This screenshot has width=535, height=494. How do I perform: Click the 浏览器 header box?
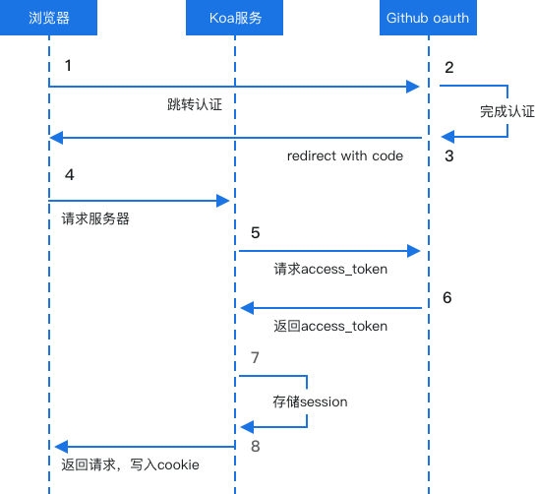(48, 18)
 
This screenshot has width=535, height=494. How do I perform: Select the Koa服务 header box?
(234, 18)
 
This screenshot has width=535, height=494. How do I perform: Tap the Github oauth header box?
(428, 18)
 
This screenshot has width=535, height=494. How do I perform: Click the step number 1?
(68, 66)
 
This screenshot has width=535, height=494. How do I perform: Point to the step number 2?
(449, 68)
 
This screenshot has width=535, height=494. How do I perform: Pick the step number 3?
(449, 156)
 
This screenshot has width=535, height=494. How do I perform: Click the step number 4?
(70, 175)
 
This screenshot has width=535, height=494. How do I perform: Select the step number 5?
(256, 233)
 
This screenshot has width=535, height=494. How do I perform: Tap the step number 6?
(447, 298)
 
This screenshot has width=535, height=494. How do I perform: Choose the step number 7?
(256, 358)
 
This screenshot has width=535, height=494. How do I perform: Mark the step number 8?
(256, 446)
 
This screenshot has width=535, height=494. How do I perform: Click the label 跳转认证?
(195, 104)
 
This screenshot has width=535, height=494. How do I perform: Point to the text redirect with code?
(345, 156)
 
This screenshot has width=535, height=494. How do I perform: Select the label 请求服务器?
(95, 218)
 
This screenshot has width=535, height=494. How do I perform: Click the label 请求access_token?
(330, 269)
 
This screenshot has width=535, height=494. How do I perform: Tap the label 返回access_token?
(330, 326)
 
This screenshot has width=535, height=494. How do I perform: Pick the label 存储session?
(310, 401)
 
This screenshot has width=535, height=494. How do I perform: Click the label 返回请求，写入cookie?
(131, 464)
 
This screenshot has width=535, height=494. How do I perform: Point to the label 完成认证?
(507, 111)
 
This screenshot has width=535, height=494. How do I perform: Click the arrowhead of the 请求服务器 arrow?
(223, 201)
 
